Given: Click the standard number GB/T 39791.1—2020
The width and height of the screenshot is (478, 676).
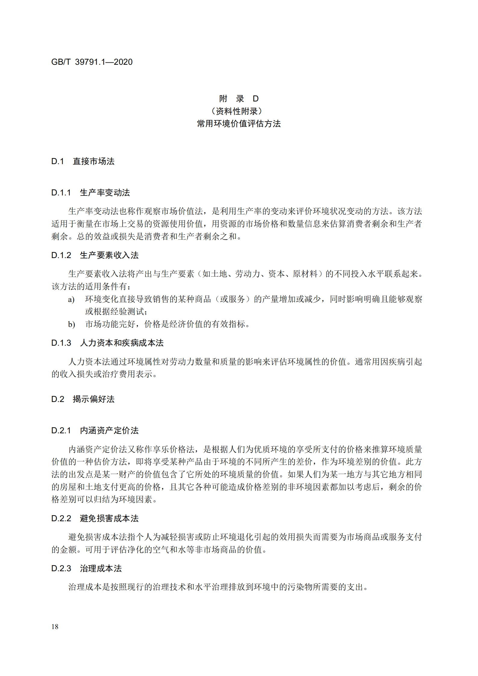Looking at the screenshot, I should pyautogui.click(x=92, y=62).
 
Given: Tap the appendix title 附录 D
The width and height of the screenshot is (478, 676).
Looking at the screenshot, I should pyautogui.click(x=239, y=98).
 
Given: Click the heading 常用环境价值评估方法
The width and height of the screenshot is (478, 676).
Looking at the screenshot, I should pyautogui.click(x=239, y=124).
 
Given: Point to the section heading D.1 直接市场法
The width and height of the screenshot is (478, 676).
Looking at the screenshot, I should pyautogui.click(x=83, y=161).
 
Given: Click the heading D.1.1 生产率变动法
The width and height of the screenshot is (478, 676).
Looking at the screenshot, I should pyautogui.click(x=90, y=193).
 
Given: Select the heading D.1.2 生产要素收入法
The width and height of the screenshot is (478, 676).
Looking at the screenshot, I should pyautogui.click(x=95, y=255).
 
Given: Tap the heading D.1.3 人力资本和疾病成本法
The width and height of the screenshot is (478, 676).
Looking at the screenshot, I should pyautogui.click(x=107, y=343).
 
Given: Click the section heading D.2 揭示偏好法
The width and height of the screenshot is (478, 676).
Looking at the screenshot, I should pyautogui.click(x=83, y=399).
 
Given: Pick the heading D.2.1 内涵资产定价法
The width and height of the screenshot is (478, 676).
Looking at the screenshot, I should pyautogui.click(x=95, y=431).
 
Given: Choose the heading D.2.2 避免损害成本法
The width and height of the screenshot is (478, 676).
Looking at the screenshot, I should pyautogui.click(x=95, y=519).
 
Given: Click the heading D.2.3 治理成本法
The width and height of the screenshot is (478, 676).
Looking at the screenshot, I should pyautogui.click(x=86, y=569).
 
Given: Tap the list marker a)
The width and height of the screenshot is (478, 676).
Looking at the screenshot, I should pyautogui.click(x=71, y=300).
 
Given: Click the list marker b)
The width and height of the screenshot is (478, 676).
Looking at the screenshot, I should pyautogui.click(x=71, y=325).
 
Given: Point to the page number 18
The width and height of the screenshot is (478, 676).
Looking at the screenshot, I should pyautogui.click(x=55, y=627).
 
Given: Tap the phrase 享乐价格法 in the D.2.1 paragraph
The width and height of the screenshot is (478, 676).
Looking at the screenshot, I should pyautogui.click(x=174, y=450).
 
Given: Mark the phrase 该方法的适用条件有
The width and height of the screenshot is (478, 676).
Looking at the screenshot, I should pyautogui.click(x=89, y=287).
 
